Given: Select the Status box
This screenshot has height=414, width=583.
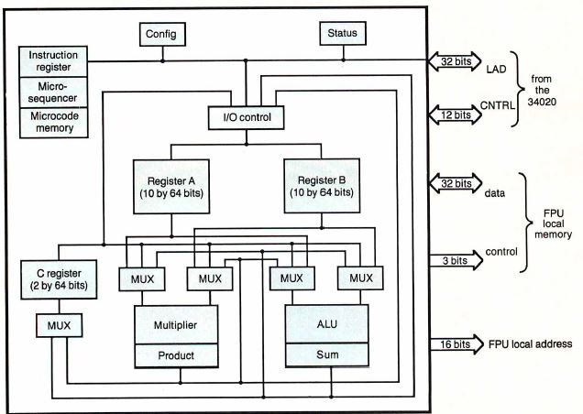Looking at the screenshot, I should (x=343, y=34).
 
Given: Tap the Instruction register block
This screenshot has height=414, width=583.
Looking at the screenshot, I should (x=53, y=61).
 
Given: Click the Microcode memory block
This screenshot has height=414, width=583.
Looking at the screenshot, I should (x=53, y=123).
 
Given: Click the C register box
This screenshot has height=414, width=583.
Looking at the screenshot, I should (x=57, y=279).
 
